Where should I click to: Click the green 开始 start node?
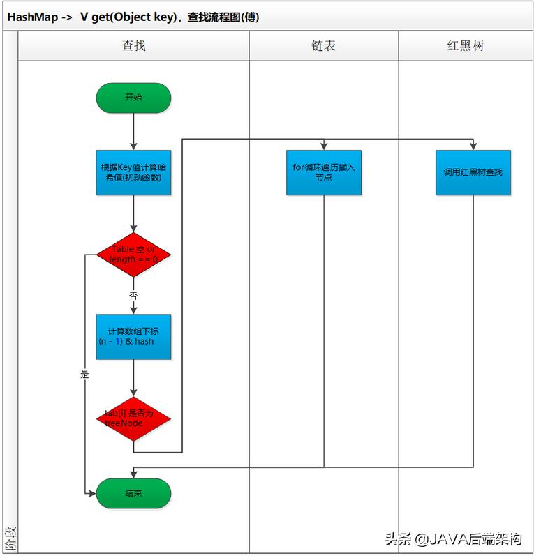133,98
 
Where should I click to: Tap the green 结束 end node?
133,493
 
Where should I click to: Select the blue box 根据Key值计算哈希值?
133,172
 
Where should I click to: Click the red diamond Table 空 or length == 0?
133,255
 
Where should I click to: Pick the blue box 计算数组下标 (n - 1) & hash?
133,336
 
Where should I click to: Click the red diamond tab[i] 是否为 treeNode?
133,418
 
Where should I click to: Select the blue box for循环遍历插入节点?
324,172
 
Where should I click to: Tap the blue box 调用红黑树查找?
473,172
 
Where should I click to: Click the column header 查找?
133,46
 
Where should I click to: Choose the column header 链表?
324,46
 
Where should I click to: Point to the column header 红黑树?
466,46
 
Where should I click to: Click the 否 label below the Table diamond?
133,296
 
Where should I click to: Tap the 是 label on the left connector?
85,374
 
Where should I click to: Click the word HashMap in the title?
33,17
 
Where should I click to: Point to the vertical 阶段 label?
10,538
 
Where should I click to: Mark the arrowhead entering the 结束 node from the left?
93,493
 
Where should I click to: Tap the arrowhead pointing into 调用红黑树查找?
473,146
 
